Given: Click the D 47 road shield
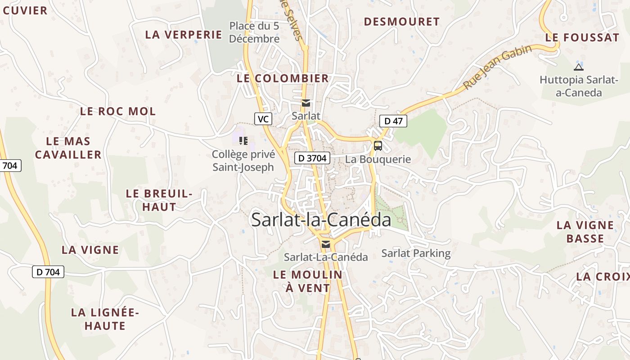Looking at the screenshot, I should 393,121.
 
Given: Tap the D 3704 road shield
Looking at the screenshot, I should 312,158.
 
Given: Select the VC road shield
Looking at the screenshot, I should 263,119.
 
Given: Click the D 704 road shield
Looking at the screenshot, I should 48,272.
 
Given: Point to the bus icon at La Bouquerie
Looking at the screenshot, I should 378,146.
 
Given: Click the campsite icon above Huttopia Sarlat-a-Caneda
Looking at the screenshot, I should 579,67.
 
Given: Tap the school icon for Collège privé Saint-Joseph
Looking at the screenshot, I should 243,141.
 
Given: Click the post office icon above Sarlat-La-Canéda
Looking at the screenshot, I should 326,244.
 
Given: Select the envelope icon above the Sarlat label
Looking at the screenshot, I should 306,103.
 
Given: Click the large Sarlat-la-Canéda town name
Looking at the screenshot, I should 321,220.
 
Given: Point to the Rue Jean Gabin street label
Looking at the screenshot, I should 497,67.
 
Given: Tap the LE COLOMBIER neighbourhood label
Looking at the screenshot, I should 283,78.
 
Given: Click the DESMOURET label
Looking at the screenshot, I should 401,22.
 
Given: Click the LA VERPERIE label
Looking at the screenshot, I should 184,35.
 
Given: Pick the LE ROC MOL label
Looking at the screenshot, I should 118,111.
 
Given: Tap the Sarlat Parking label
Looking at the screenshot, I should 416,253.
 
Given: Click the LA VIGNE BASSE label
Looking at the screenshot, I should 585,232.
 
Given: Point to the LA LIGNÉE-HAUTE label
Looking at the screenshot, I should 105,319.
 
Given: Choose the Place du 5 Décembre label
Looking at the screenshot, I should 254,32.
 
